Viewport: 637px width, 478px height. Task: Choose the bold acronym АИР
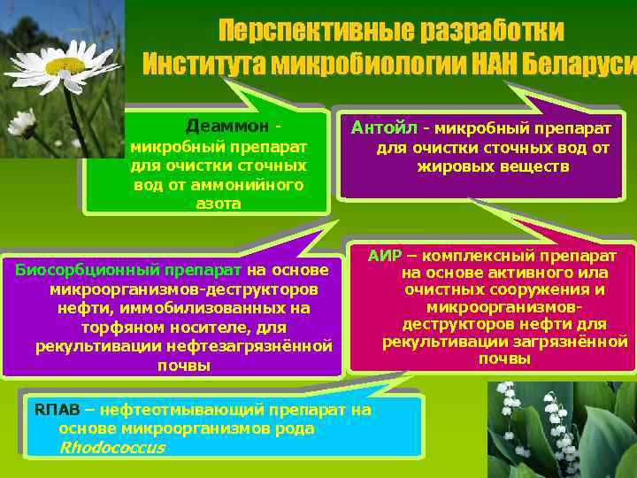click(384, 257)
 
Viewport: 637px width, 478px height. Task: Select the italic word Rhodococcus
click(111, 447)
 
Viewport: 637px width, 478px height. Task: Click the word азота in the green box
click(218, 204)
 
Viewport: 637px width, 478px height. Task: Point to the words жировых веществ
click(493, 166)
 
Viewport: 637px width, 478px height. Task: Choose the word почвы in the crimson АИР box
click(504, 358)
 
